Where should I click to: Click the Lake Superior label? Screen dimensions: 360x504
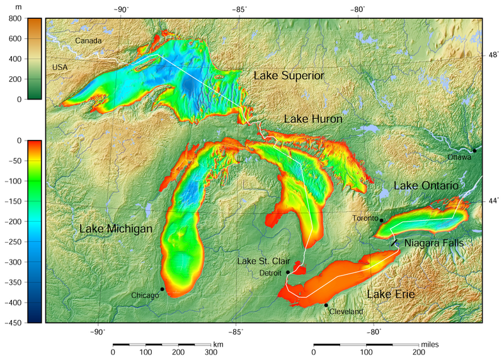289,76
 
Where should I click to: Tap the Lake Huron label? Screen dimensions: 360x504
313,119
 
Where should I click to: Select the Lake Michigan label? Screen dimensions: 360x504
116,229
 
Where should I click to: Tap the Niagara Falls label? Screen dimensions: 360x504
433,243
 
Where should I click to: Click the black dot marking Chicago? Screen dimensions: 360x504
163,289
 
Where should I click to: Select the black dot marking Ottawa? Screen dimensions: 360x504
475,151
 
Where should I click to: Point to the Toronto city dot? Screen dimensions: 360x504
382,220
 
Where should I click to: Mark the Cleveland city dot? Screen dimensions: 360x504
326,305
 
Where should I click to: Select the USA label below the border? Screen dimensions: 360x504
60,67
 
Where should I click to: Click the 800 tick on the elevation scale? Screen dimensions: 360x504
14,18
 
